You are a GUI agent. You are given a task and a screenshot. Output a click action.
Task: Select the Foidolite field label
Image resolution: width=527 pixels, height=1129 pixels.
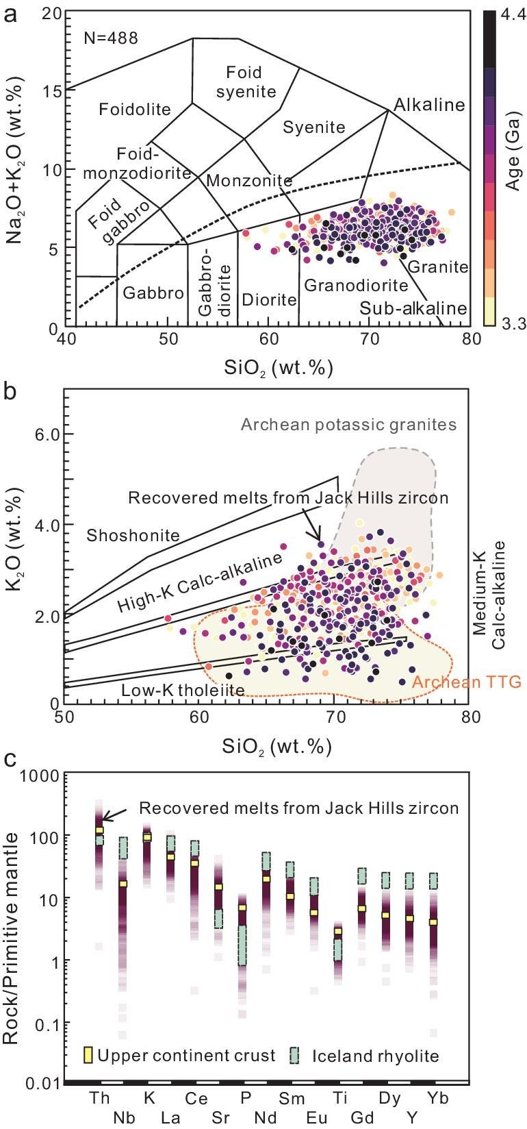tap(135, 110)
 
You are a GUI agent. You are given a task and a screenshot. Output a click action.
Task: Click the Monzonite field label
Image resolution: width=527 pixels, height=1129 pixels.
tap(249, 181)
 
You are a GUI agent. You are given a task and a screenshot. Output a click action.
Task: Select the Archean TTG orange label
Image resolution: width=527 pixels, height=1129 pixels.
tap(467, 682)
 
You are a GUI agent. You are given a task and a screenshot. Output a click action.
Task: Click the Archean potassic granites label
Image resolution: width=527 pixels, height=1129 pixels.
tap(348, 425)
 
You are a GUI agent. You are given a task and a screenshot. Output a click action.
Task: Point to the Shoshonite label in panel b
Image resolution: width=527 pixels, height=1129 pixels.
tap(133, 535)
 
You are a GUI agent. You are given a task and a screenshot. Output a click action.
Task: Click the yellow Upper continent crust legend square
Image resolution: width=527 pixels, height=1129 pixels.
tap(88, 1056)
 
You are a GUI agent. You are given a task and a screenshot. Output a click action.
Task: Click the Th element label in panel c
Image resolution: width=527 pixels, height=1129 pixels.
tap(100, 1098)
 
